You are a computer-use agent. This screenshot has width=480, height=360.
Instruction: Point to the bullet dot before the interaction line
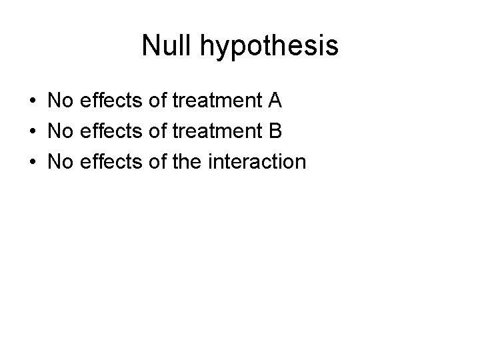(32, 161)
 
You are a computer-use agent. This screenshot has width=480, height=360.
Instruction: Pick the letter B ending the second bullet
(275, 131)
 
